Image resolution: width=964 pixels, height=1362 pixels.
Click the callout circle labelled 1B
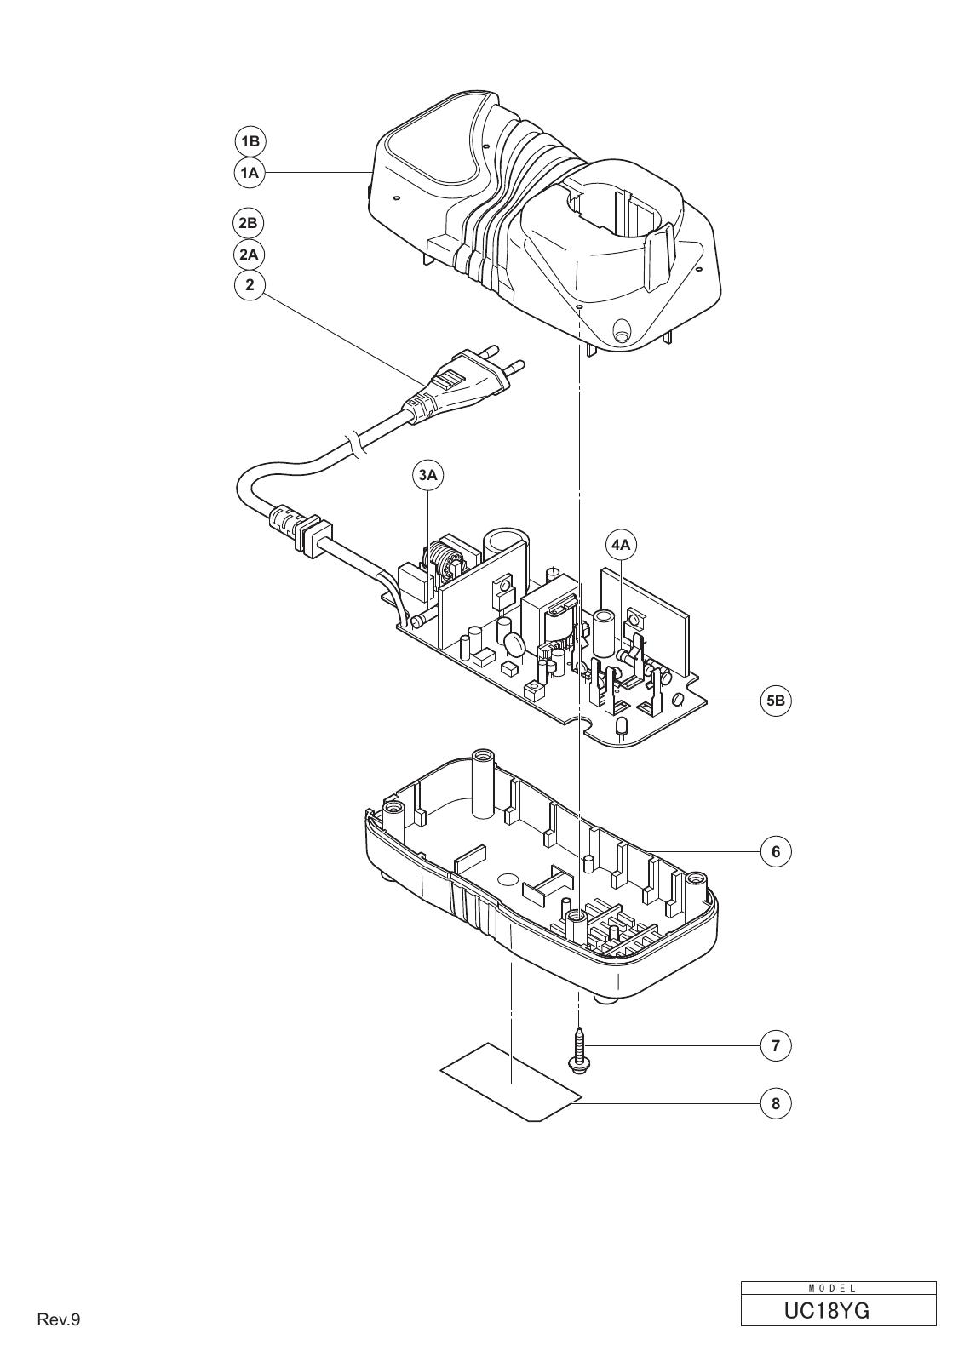250,141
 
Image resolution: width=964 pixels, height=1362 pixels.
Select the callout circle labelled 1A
250,173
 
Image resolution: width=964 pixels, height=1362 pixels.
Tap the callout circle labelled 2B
248,223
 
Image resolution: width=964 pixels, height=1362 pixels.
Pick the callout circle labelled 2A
248,255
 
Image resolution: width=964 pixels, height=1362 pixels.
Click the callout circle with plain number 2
250,284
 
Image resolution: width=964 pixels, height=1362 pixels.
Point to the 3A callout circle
428,476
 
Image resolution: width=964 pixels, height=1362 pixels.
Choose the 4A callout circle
621,546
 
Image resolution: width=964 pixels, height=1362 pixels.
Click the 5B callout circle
776,701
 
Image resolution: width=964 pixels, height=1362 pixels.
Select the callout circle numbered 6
776,852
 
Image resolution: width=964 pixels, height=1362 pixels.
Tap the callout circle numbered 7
776,1046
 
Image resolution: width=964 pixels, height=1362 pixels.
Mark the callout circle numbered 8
776,1103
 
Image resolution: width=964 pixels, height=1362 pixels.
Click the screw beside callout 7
577,1050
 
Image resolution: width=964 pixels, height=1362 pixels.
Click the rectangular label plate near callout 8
512,1082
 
